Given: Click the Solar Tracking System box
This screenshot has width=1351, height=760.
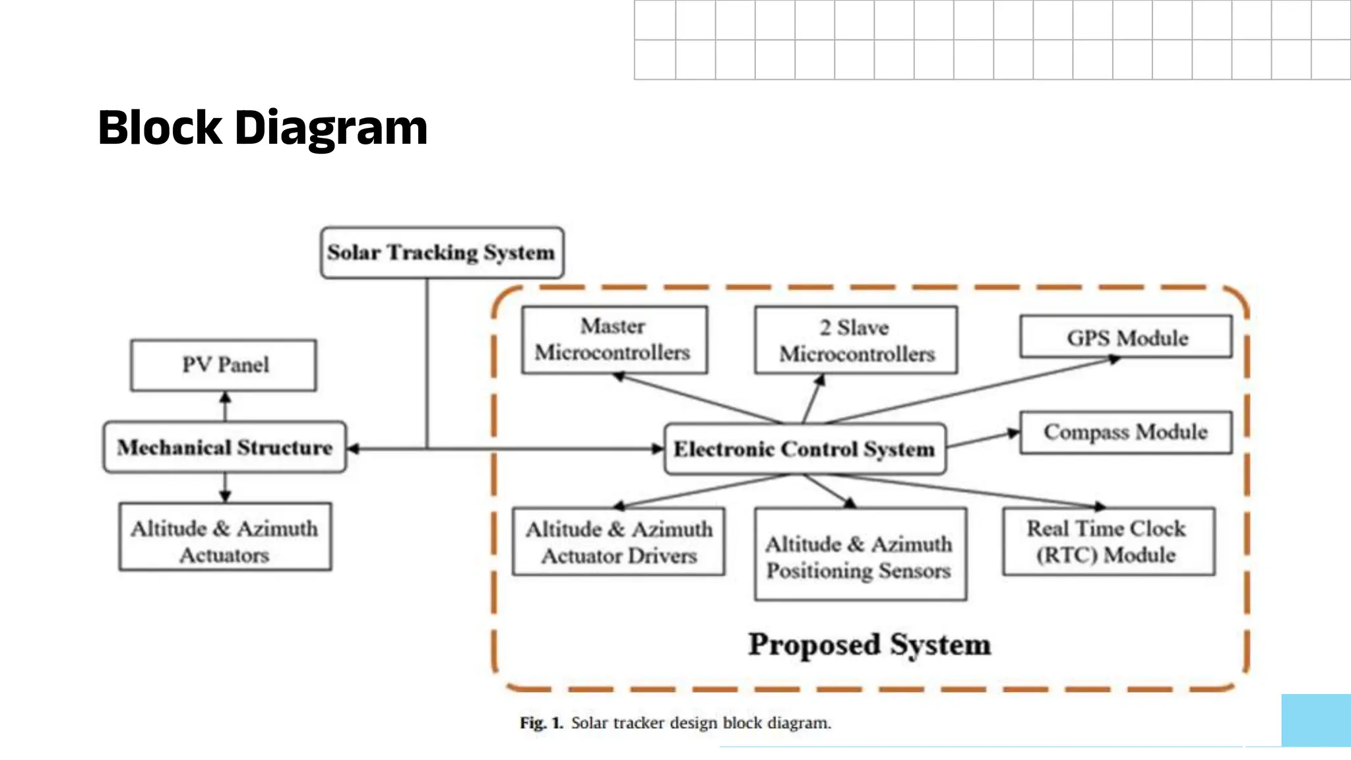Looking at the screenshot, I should click(441, 253).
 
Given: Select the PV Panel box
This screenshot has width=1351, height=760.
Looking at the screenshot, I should click(224, 365).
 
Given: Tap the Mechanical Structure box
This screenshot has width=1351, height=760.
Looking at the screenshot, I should click(224, 447).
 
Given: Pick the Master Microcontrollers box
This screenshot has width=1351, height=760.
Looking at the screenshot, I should click(614, 340).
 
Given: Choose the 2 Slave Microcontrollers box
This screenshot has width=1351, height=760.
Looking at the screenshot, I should click(856, 340).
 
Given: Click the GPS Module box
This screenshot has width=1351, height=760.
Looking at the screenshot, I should click(1125, 337).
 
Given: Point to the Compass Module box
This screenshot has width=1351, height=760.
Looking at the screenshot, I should click(1125, 432).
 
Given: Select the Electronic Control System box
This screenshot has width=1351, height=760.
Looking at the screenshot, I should click(805, 449).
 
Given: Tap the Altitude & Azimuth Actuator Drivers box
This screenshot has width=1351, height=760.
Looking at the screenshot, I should click(618, 542).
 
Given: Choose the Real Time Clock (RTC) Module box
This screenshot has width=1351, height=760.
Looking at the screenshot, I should click(1108, 541).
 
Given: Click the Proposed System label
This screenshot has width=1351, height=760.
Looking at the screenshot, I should click(869, 645).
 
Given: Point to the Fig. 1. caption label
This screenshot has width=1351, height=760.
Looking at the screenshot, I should click(541, 723).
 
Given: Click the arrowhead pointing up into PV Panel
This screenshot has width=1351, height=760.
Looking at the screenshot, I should click(225, 398).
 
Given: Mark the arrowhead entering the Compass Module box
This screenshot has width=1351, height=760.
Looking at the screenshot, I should click(1013, 433).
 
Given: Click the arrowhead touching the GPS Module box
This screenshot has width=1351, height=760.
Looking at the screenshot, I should click(1114, 360).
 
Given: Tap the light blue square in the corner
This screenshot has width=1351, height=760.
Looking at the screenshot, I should click(1316, 720).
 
